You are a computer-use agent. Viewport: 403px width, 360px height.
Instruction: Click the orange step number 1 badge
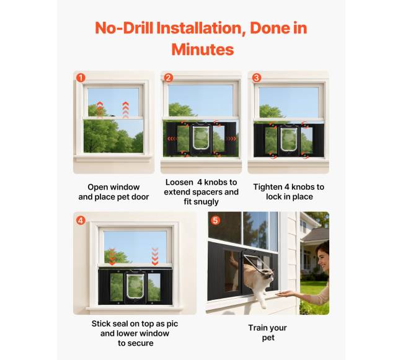[x=81, y=77]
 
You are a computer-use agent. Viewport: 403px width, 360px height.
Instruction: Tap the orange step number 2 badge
[x=169, y=77]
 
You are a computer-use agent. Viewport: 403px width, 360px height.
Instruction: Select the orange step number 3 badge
[x=256, y=77]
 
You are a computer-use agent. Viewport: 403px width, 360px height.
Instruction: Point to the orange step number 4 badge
[x=81, y=221]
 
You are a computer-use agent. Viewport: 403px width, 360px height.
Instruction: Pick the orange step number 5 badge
[x=215, y=221]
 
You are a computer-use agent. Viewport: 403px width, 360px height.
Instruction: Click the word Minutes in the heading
[x=203, y=50]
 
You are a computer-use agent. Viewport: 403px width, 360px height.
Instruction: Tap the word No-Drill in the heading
[x=124, y=28]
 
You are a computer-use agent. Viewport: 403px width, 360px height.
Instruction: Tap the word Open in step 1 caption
[x=96, y=187]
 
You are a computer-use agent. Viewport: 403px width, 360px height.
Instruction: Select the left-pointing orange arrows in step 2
[x=172, y=139]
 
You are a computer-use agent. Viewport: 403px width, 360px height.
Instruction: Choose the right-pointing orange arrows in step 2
[x=231, y=139]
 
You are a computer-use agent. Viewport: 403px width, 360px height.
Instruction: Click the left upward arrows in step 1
[x=100, y=109]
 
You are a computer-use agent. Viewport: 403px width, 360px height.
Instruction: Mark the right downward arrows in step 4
[x=155, y=257]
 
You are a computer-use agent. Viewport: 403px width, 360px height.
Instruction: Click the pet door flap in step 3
[x=288, y=139]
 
